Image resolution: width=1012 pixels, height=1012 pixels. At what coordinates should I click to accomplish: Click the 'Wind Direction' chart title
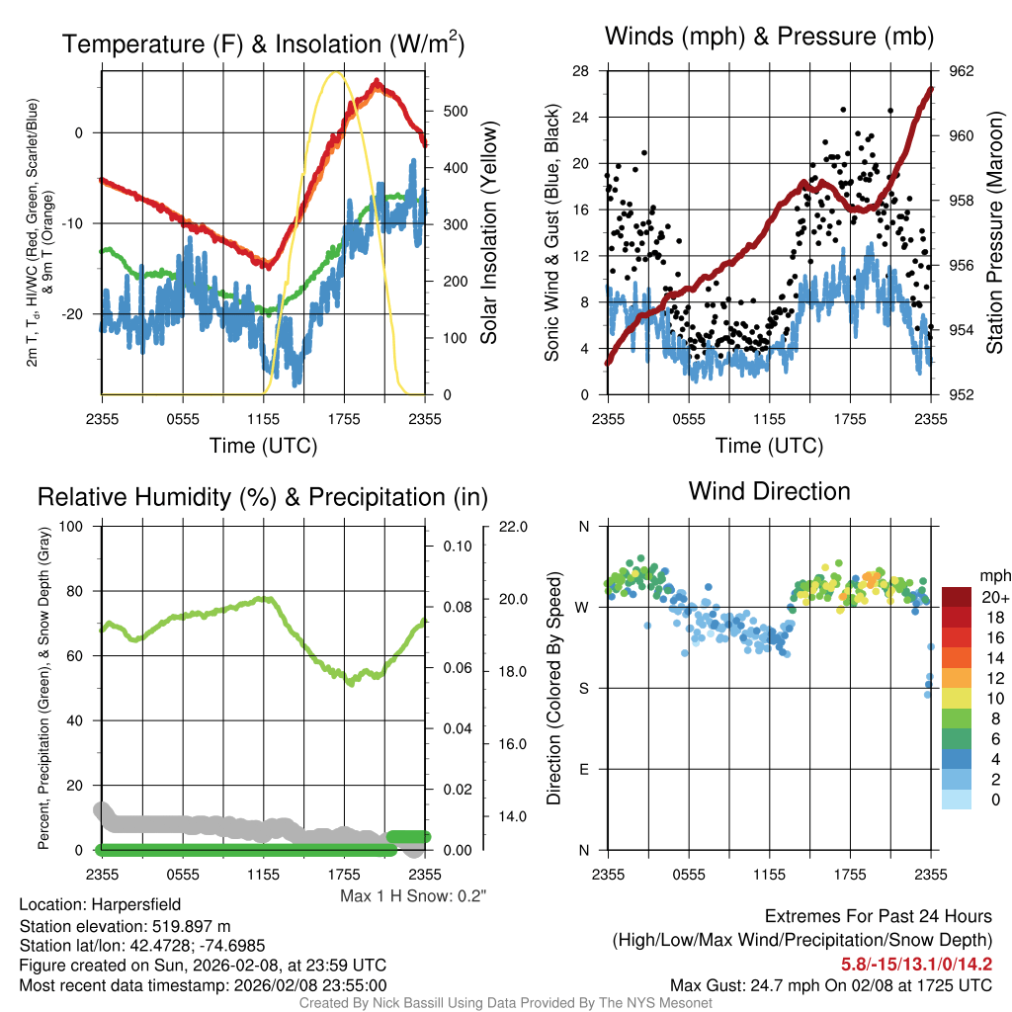coord(769,491)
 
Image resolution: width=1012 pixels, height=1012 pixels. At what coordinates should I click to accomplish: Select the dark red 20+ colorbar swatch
coord(958,597)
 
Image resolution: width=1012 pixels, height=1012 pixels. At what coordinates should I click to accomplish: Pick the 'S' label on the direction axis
coord(583,688)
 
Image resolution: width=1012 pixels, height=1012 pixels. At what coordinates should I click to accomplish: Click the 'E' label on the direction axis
coord(583,769)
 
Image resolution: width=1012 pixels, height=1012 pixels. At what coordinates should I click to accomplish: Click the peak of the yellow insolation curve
coord(336,73)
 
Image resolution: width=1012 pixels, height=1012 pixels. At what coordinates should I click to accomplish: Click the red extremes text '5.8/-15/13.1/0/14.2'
coord(916,964)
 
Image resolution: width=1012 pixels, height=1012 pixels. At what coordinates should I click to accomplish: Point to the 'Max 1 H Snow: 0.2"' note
coord(414,895)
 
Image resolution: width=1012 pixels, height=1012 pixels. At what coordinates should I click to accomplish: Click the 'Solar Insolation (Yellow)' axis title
coord(488,233)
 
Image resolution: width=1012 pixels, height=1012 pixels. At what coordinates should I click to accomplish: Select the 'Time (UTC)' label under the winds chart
coord(769,446)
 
